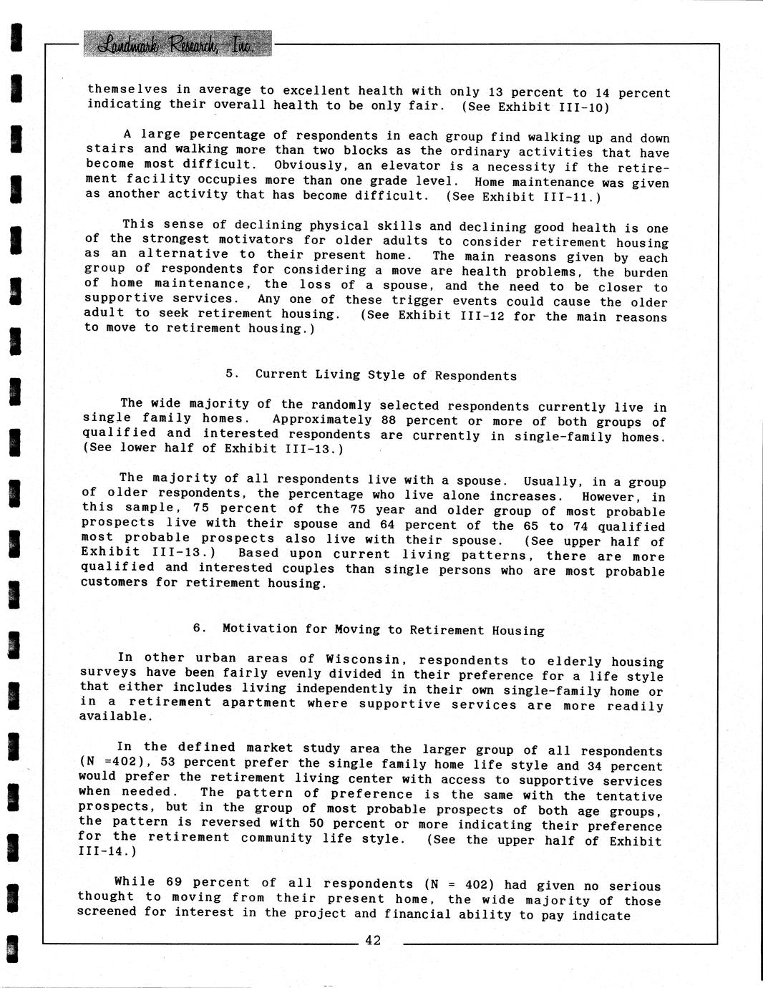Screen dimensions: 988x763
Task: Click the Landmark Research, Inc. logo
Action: [178, 44]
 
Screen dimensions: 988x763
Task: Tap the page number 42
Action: [373, 941]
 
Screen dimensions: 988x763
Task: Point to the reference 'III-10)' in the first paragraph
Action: [582, 107]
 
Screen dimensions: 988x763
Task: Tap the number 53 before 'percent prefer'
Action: [169, 763]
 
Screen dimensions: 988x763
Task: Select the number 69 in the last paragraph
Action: [175, 883]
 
